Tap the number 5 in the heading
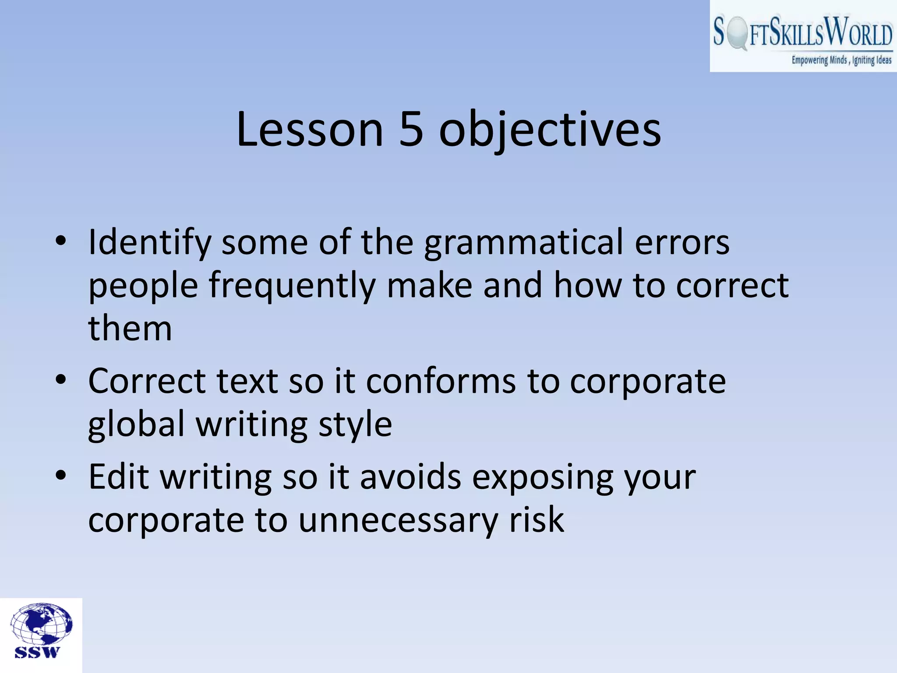click(x=411, y=130)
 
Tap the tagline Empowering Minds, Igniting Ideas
click(x=841, y=60)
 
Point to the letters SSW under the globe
click(x=37, y=652)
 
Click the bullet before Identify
click(x=61, y=241)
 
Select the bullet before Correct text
click(x=61, y=379)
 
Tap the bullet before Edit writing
click(x=61, y=475)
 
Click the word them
click(x=130, y=329)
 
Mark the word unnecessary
click(x=398, y=521)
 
